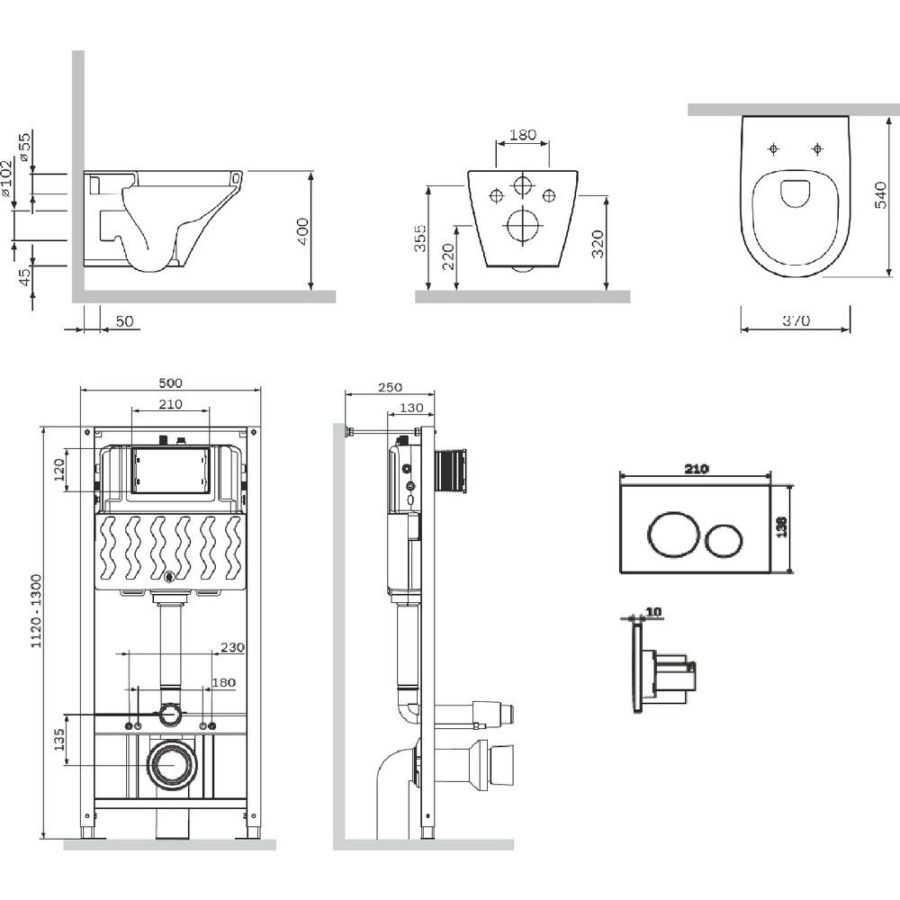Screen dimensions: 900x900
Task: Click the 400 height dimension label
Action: (302, 232)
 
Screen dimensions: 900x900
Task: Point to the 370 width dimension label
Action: (796, 320)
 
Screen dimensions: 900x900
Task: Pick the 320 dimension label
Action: (598, 241)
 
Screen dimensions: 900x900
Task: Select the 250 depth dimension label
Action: (390, 387)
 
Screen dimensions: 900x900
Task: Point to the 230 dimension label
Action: (231, 646)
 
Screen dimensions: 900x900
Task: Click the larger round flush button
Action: (670, 534)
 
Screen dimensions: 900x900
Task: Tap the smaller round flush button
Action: (724, 538)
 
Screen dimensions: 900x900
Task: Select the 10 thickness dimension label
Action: (653, 612)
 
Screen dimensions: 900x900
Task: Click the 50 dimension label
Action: (124, 321)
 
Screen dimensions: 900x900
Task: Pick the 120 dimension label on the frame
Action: (59, 469)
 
